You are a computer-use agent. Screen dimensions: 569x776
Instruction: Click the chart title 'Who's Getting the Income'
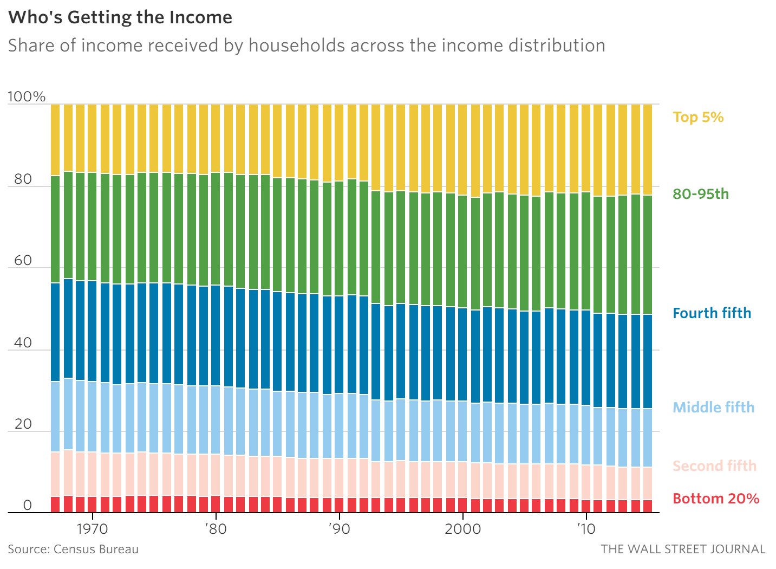[120, 17]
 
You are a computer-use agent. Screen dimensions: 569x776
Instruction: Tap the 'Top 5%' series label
[698, 117]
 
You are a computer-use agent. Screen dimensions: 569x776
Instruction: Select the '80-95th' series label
[701, 194]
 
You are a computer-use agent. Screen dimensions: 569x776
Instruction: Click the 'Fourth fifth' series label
[712, 313]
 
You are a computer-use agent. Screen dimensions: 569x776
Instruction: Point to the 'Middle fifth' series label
[713, 408]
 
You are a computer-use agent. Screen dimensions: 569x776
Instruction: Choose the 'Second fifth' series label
[714, 466]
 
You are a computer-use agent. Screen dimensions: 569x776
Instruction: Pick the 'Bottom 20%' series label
[716, 499]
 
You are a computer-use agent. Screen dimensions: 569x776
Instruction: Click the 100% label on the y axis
[27, 97]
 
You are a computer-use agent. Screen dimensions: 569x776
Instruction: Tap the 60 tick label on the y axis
[23, 261]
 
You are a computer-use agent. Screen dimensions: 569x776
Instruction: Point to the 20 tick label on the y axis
[23, 424]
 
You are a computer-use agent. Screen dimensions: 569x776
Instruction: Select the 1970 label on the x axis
[93, 529]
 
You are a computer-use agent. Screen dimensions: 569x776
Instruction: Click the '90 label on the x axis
[339, 529]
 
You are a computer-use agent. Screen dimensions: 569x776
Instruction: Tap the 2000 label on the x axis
[462, 529]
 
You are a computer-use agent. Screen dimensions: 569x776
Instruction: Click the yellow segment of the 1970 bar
[92, 138]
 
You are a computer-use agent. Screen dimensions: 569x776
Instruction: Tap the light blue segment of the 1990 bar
[339, 426]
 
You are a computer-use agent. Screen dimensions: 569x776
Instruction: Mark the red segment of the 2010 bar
[586, 506]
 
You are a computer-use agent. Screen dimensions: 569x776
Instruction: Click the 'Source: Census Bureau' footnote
[73, 549]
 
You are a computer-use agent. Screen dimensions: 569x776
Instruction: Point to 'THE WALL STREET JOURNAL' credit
[683, 549]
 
